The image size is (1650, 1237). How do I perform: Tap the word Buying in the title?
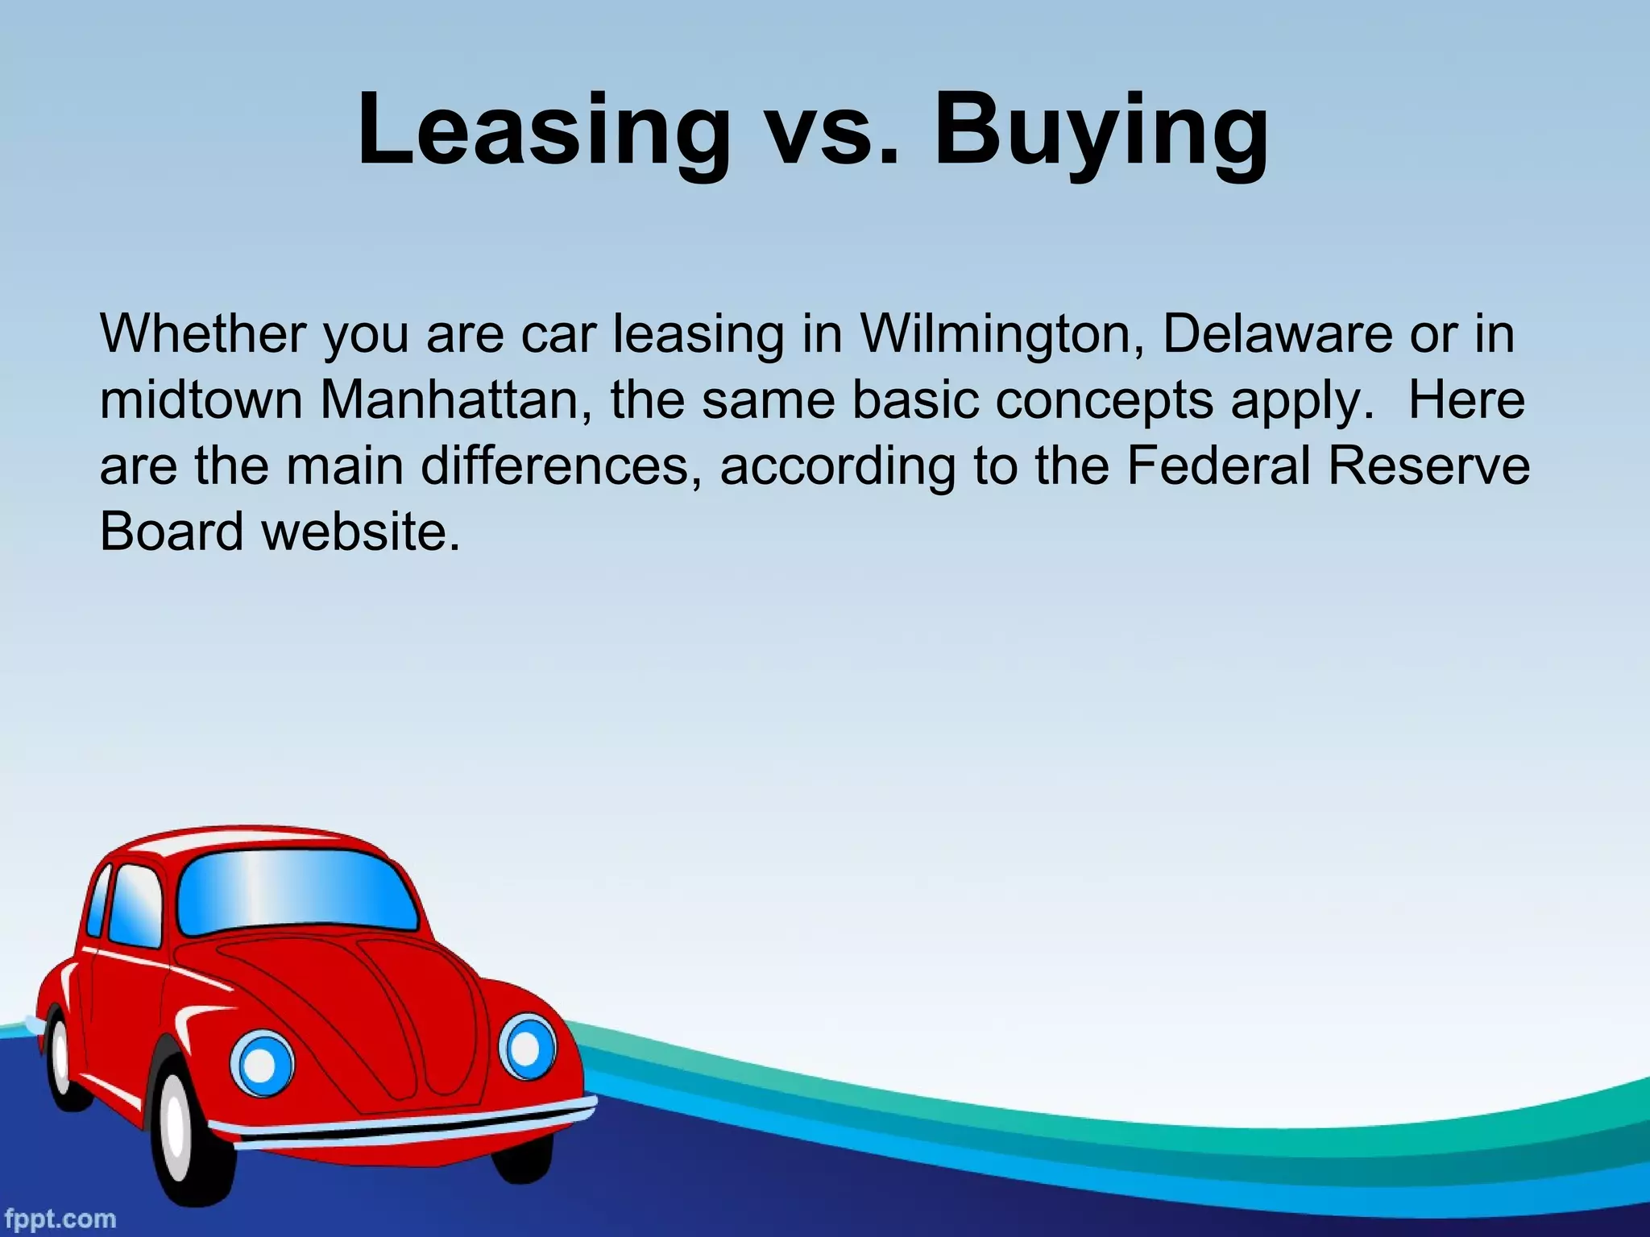pos(1101,131)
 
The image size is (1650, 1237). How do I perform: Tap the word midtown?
pos(201,400)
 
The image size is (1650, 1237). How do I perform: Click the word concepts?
pos(1104,400)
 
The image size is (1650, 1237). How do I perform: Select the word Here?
pos(1466,400)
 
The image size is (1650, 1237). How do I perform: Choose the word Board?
pos(172,532)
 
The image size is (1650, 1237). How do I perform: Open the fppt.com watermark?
pos(58,1218)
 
